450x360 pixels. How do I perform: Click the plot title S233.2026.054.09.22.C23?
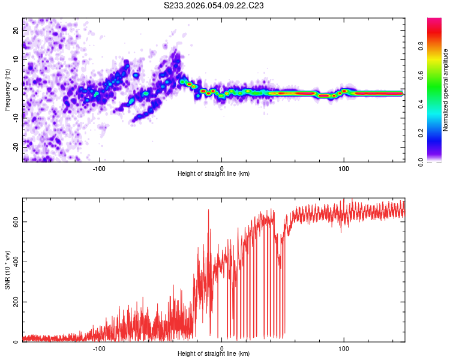[x=214, y=5]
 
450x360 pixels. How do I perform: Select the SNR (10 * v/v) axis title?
[x=7, y=270]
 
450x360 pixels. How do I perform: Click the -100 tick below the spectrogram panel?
[x=100, y=167]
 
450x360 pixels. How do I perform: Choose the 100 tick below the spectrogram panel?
[x=344, y=167]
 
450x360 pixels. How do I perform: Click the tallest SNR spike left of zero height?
[x=208, y=210]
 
